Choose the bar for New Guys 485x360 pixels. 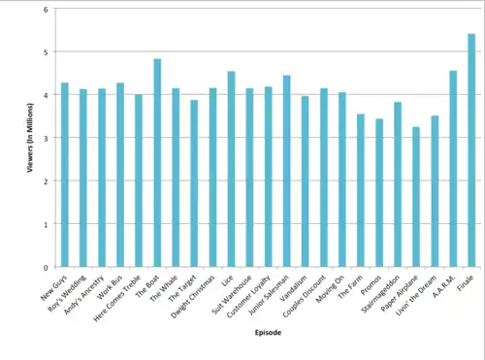click(65, 175)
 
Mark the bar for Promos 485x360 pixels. click(379, 193)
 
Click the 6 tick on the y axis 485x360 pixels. click(45, 9)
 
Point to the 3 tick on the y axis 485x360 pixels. click(45, 138)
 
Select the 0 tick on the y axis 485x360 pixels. click(45, 267)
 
